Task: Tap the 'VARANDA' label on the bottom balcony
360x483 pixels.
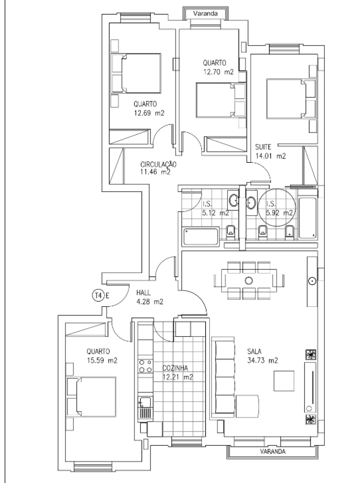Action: click(272, 451)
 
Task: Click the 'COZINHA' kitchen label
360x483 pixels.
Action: click(175, 368)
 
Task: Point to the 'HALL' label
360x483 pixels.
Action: click(143, 293)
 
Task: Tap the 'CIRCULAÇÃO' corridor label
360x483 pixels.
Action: click(158, 164)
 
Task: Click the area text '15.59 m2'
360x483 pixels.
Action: click(102, 361)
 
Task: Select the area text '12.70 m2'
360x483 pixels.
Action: click(218, 72)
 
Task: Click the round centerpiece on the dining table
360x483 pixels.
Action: click(249, 281)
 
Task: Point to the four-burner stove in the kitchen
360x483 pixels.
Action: click(145, 366)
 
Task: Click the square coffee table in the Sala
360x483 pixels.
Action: click(284, 381)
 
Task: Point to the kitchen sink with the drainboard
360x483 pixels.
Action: click(145, 408)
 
